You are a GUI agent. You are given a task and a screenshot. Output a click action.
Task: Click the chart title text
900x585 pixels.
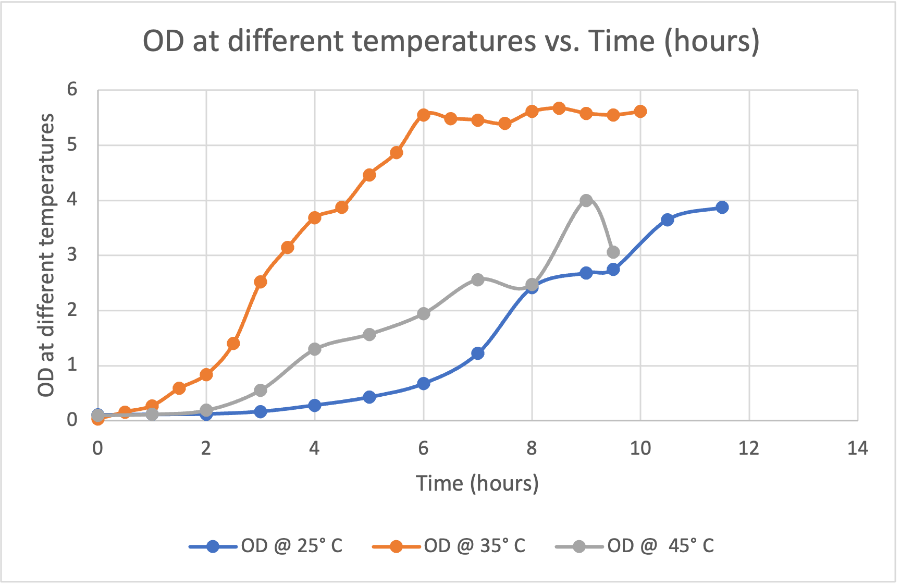tap(451, 41)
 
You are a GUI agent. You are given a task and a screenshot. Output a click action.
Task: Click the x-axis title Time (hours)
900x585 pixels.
tap(477, 483)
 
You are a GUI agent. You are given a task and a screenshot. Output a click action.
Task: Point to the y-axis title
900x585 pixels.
tap(46, 255)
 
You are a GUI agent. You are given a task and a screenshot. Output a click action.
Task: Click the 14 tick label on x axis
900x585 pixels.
tap(857, 448)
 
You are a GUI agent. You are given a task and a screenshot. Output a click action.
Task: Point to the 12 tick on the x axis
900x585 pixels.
tap(749, 448)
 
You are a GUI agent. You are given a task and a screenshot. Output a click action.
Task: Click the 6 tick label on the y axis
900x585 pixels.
tap(72, 90)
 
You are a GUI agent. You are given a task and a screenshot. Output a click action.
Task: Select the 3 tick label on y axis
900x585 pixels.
tap(72, 255)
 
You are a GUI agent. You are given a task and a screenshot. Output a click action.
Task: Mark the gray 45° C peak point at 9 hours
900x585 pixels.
tap(586, 201)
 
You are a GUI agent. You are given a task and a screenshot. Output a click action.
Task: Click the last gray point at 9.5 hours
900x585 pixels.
tap(613, 252)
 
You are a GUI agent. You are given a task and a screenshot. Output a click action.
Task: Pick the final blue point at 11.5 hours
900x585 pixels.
tap(722, 208)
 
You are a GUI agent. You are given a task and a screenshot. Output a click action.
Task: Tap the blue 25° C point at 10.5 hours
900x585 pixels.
tap(668, 220)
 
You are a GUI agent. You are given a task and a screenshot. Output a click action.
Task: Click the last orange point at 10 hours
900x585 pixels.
tap(640, 112)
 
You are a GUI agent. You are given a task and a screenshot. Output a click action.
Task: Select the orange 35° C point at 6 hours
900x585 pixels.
tap(424, 115)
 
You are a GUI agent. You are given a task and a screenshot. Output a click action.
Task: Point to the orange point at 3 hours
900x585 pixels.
tap(261, 282)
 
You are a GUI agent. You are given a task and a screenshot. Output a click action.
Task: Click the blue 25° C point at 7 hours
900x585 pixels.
tap(478, 354)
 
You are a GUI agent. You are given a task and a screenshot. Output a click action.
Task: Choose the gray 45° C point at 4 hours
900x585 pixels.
tap(315, 349)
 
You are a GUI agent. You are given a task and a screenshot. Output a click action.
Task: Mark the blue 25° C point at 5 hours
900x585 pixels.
tap(369, 397)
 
